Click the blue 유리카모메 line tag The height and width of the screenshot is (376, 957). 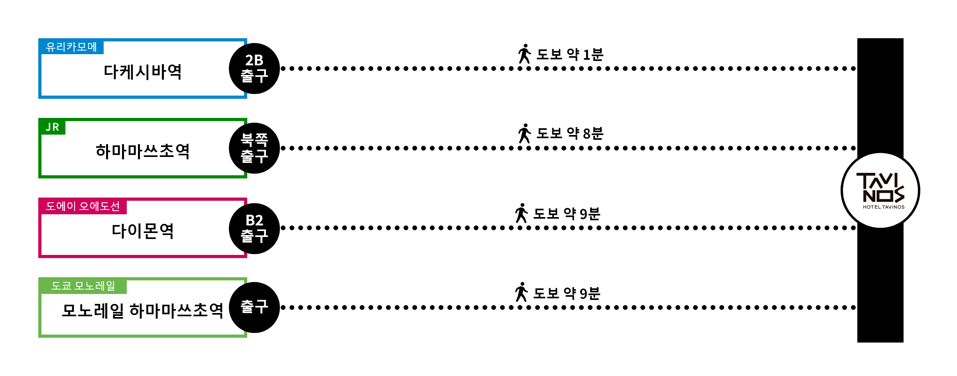click(71, 47)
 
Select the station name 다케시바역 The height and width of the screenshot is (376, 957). click(143, 72)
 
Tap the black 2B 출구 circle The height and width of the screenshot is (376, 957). click(254, 69)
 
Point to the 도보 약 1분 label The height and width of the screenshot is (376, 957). click(570, 54)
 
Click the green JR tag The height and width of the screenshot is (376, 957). click(52, 127)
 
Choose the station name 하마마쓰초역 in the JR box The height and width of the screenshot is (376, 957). click(143, 152)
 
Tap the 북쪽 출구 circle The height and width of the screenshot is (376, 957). click(254, 148)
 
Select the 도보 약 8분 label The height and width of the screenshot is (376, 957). click(570, 133)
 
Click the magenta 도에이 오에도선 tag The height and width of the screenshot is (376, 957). click(83, 206)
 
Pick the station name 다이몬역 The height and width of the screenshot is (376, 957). click(143, 231)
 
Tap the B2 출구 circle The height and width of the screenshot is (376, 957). click(254, 228)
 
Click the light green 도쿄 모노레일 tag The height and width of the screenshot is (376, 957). click(83, 286)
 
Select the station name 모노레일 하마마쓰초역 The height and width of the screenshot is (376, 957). click(143, 311)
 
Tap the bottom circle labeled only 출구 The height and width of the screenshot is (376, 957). click(254, 307)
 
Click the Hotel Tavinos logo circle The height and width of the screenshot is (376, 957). click(880, 191)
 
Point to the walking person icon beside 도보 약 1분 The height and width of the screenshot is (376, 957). click(524, 54)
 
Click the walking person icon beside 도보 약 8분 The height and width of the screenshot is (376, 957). click(524, 133)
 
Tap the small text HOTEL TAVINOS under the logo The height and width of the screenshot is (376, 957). click(884, 207)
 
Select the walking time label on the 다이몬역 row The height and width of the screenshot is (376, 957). click(567, 214)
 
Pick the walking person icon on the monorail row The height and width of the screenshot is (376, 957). click(521, 292)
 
